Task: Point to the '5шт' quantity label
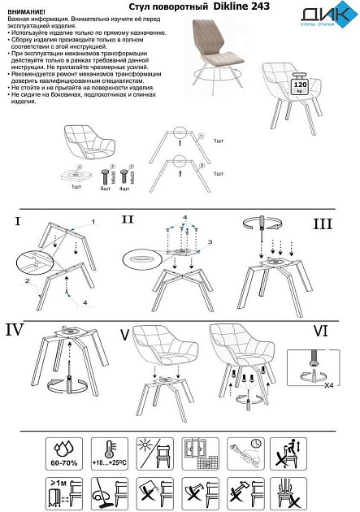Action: [x=105, y=187]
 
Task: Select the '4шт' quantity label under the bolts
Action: [x=124, y=187]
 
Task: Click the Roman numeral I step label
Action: [x=17, y=220]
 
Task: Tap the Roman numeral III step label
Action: [x=323, y=223]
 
